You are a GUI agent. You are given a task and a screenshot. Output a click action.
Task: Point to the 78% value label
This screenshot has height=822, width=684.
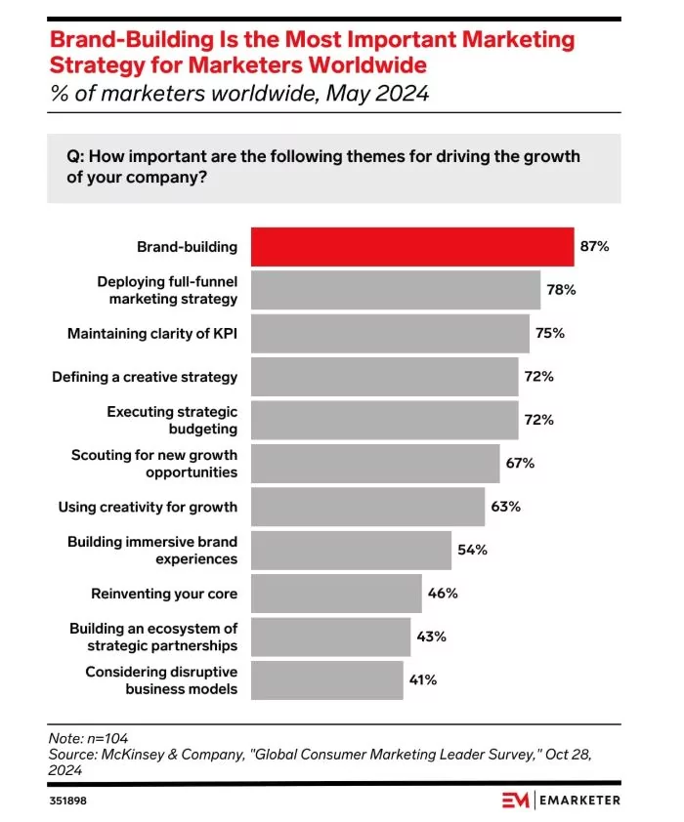coord(561,290)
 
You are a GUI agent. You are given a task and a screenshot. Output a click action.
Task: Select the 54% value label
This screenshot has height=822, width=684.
coord(472,550)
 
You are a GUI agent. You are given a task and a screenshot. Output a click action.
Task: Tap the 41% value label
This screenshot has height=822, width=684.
coord(424,679)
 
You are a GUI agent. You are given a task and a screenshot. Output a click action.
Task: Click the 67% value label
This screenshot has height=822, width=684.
coord(519,463)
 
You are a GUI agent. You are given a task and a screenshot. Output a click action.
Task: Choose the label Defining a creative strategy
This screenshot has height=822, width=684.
coord(145,377)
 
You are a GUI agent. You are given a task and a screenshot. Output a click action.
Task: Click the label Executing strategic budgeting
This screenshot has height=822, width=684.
coord(172,420)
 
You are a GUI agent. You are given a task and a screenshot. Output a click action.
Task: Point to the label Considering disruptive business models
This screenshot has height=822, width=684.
coord(161,679)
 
